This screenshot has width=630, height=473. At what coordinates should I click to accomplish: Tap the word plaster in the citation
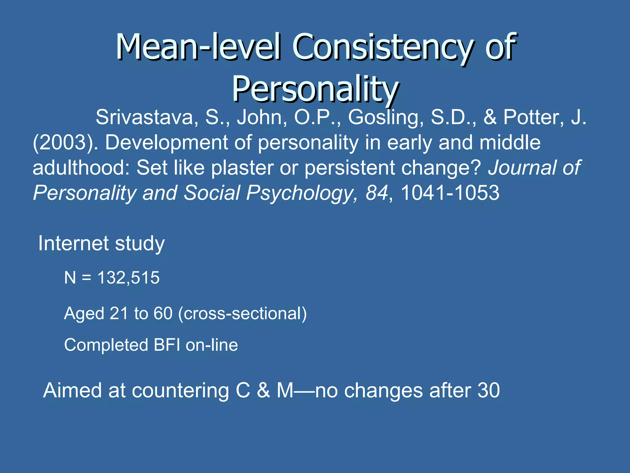pos(242,168)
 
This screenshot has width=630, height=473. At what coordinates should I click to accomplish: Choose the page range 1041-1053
pos(450,193)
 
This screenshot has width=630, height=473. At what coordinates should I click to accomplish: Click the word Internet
pos(74,243)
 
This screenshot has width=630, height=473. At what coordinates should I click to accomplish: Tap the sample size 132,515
pos(128,277)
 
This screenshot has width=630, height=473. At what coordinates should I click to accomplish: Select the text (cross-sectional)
pos(242,313)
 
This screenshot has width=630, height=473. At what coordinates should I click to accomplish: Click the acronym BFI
pos(167,345)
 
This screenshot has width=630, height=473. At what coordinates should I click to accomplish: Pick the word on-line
pos(212,345)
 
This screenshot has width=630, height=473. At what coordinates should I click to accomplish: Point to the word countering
pos(181,390)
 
